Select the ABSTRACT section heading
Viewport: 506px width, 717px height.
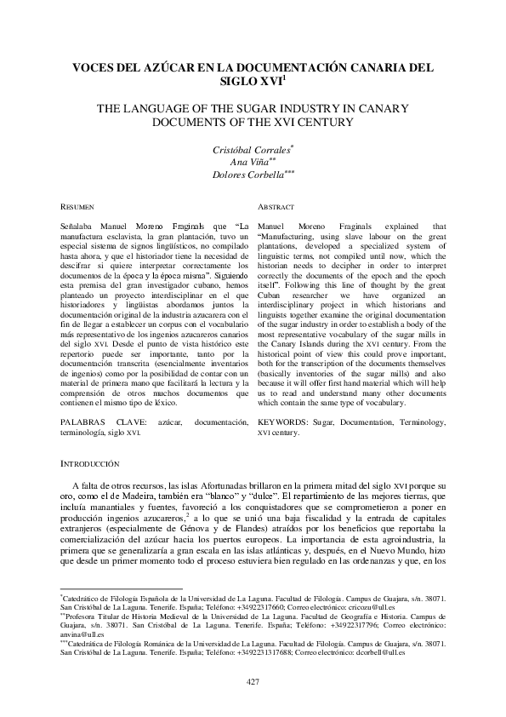(276, 207)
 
